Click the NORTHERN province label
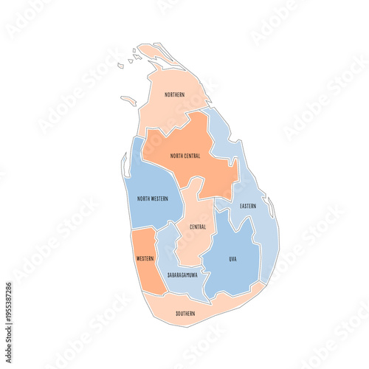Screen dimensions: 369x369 click(x=175, y=94)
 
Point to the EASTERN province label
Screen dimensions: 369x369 click(x=248, y=206)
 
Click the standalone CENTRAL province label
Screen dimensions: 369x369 click(x=198, y=227)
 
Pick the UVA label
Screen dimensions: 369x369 click(x=233, y=259)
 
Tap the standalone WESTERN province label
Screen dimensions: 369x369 click(x=145, y=259)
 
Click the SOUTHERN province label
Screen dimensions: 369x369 click(x=186, y=314)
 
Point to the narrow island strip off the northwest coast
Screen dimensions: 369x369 click(x=129, y=100)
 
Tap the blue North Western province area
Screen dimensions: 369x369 click(x=151, y=177)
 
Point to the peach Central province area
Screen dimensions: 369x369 click(x=196, y=244)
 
